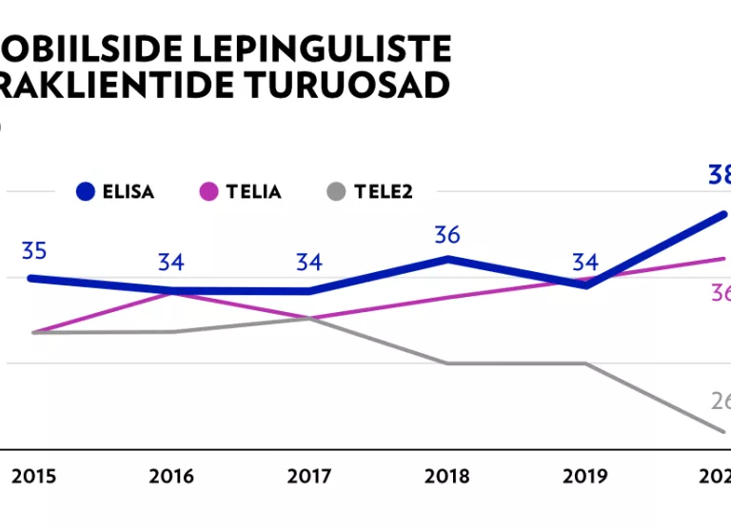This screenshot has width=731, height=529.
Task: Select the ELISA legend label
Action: click(128, 191)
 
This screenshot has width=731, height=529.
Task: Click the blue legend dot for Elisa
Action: click(88, 191)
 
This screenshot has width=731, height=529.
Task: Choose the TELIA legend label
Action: click(253, 191)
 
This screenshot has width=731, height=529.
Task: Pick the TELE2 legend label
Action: click(383, 191)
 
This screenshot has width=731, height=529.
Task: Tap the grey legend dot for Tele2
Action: click(335, 191)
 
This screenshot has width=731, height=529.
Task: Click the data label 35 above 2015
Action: click(34, 252)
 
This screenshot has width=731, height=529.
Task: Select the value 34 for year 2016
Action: click(171, 262)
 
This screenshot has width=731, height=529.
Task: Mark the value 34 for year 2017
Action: click(308, 262)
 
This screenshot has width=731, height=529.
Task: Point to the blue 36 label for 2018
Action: click(447, 235)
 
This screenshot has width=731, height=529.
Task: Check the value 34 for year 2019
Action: click(585, 262)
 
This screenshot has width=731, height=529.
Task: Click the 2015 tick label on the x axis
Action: click(34, 476)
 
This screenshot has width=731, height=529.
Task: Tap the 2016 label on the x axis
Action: click(172, 476)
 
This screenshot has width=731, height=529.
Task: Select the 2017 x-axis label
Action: click(309, 476)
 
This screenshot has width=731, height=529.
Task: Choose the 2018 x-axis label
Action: click(447, 476)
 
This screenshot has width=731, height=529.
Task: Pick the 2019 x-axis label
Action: click(585, 476)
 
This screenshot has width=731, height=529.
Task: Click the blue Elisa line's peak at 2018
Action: click(447, 259)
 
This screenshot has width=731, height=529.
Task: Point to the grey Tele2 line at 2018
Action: click(447, 362)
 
